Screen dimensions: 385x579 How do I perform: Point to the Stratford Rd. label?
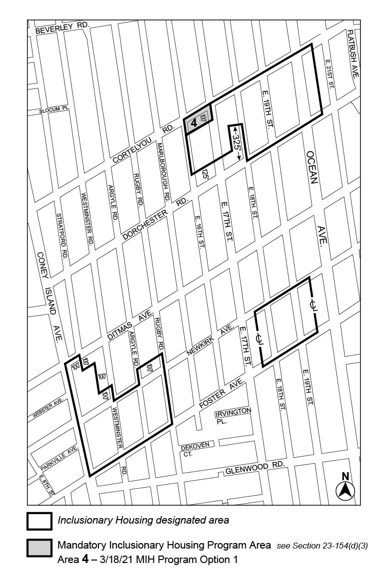click(62, 236)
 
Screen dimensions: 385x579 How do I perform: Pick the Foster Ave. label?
click(221, 394)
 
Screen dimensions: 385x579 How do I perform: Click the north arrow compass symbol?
click(345, 487)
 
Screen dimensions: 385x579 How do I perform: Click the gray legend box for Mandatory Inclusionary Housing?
click(39, 548)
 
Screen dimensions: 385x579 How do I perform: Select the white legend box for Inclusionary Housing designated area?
click(39, 521)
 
